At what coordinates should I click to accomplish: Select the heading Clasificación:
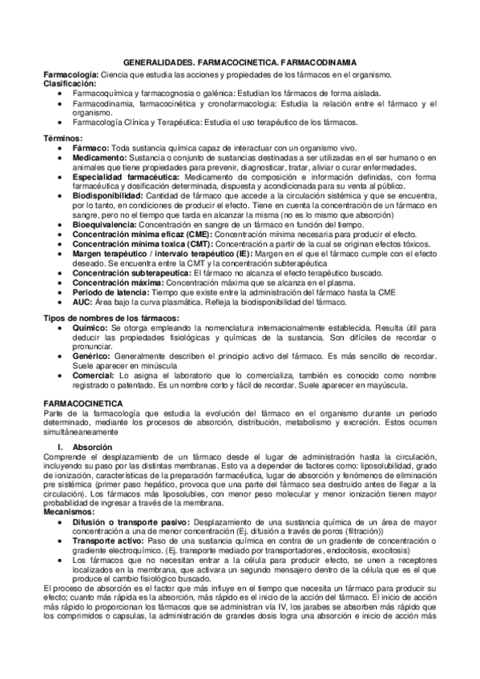tap(70, 82)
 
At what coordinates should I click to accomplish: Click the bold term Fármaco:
tap(92, 149)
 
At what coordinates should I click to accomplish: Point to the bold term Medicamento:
tap(102, 159)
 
